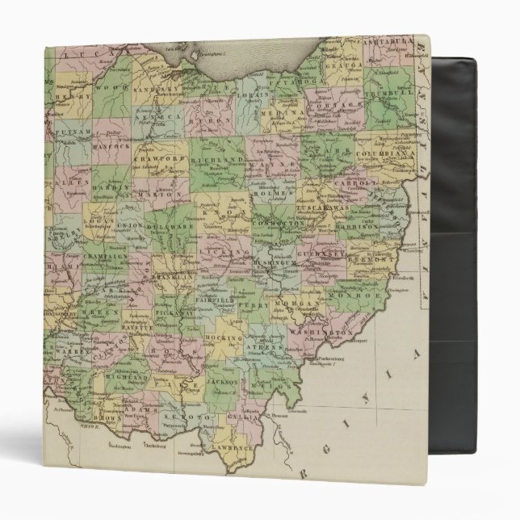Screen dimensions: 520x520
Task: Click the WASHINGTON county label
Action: coord(332,332)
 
